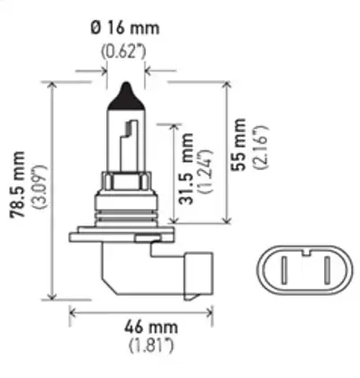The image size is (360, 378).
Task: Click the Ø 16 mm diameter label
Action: [x=125, y=28]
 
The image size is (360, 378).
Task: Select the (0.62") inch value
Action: [x=124, y=51]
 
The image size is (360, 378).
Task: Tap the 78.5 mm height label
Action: [x=17, y=184]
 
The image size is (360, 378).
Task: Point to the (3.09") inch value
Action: [x=40, y=186]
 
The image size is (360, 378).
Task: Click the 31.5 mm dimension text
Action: [x=185, y=168]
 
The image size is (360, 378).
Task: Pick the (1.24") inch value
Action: [x=205, y=170]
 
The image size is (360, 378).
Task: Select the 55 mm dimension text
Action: [x=239, y=144]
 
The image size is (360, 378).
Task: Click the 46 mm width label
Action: [x=151, y=327]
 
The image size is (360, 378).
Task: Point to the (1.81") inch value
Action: [x=151, y=346]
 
